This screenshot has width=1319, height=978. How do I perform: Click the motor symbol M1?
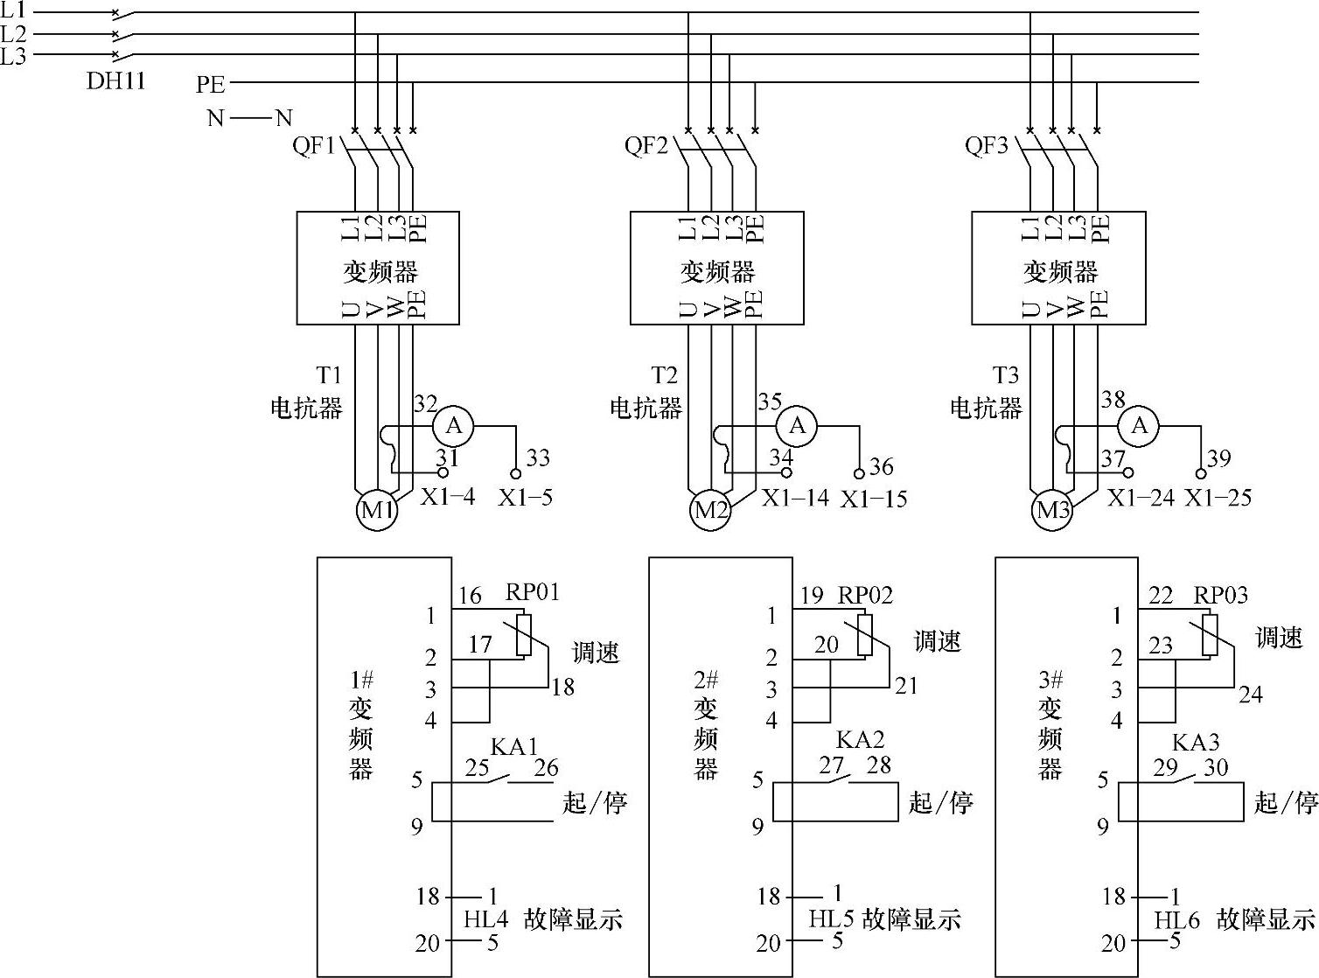pyautogui.click(x=377, y=509)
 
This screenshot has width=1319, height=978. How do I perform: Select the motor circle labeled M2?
pyautogui.click(x=710, y=509)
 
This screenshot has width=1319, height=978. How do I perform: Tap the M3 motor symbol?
pyautogui.click(x=1052, y=509)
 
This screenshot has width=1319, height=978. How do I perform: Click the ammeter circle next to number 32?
pyautogui.click(x=454, y=426)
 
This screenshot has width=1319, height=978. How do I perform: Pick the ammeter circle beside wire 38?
pyautogui.click(x=1139, y=426)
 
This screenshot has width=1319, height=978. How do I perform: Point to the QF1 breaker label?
pyautogui.click(x=314, y=145)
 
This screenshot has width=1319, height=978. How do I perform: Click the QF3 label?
pyautogui.click(x=987, y=145)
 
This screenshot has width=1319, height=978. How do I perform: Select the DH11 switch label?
pyautogui.click(x=115, y=81)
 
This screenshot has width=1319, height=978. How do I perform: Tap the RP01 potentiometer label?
pyautogui.click(x=532, y=592)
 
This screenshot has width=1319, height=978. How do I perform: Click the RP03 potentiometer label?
pyautogui.click(x=1221, y=595)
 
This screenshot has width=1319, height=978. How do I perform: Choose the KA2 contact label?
pyautogui.click(x=860, y=740)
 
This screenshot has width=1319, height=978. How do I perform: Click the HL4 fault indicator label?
pyautogui.click(x=485, y=919)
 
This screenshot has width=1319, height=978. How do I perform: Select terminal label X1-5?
pyautogui.click(x=526, y=498)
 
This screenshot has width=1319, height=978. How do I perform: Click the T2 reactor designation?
pyautogui.click(x=664, y=376)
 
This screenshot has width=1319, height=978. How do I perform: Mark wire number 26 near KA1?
pyautogui.click(x=546, y=768)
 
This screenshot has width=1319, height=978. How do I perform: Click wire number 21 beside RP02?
pyautogui.click(x=906, y=686)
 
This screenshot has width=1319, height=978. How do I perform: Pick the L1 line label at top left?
pyautogui.click(x=13, y=11)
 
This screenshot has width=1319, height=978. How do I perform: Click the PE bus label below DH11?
pyautogui.click(x=211, y=84)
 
